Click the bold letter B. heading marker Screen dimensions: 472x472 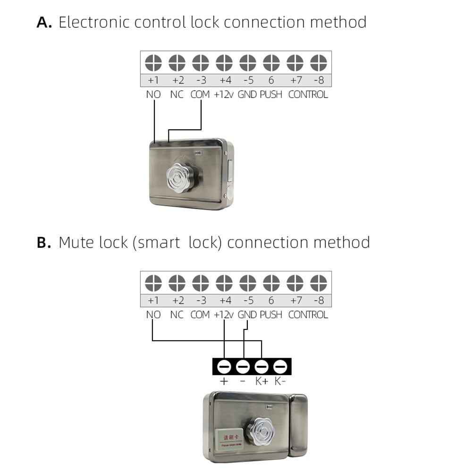click(x=44, y=243)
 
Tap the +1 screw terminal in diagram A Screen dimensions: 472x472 click(x=153, y=62)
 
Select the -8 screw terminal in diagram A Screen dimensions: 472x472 click(x=319, y=62)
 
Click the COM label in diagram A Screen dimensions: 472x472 click(x=200, y=94)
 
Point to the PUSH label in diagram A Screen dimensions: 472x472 click(x=271, y=94)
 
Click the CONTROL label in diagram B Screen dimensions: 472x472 click(x=308, y=315)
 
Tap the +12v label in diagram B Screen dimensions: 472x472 click(x=224, y=315)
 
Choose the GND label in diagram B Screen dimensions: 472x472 click(x=247, y=315)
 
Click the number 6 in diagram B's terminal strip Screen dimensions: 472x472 click(x=271, y=301)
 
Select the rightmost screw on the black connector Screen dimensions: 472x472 click(x=280, y=366)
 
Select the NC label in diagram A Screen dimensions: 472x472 click(x=177, y=94)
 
